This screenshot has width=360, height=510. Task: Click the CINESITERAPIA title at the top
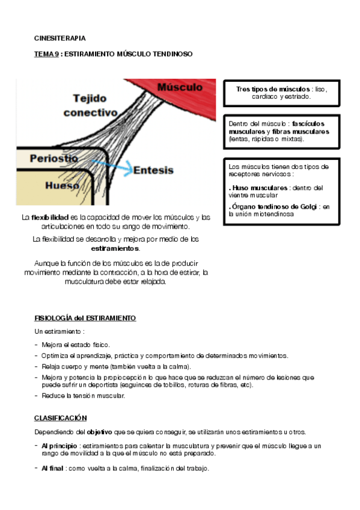pos(59,38)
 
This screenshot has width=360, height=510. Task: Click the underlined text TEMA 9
pos(46,54)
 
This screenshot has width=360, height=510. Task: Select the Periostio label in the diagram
pos(54,158)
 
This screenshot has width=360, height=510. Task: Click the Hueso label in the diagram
pos(63,186)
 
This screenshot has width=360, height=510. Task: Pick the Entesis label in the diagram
pos(153,170)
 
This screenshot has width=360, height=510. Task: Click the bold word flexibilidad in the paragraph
pos(49,217)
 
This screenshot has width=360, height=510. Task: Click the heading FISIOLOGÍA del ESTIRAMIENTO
pos(85,318)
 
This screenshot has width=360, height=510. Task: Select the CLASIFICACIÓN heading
pos(61,418)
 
